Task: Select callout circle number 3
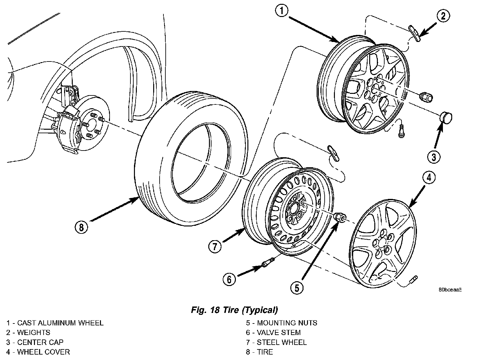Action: [433, 157]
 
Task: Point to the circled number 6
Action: [229, 280]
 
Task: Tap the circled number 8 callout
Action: [81, 227]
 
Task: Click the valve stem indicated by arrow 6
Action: [267, 263]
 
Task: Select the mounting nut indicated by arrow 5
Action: [339, 217]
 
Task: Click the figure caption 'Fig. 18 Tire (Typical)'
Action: [234, 310]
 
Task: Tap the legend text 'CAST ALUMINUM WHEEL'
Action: [60, 323]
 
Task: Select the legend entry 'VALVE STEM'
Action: [278, 333]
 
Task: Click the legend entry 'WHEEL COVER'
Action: [43, 352]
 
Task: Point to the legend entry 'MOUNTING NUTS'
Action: [287, 323]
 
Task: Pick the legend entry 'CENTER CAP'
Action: [40, 342]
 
